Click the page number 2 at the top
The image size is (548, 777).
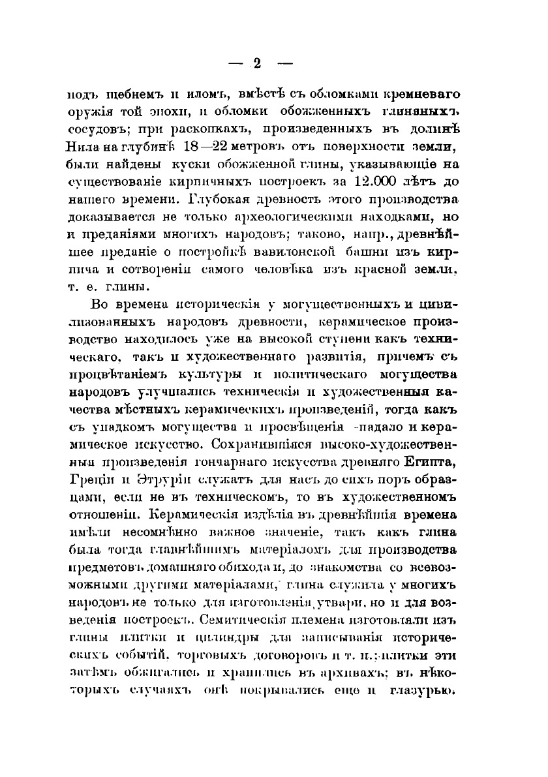(x=256, y=63)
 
